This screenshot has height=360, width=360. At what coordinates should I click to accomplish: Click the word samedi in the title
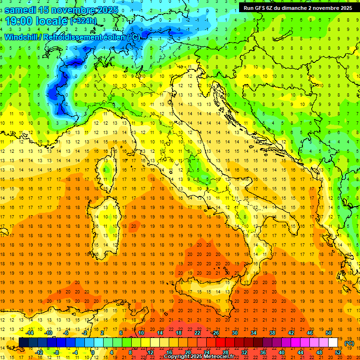tap(22, 9)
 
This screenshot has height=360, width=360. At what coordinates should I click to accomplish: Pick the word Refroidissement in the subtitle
tap(73, 37)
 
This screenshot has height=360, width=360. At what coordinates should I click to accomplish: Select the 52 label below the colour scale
tap(338, 352)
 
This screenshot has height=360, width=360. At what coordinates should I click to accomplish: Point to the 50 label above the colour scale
tap(328, 332)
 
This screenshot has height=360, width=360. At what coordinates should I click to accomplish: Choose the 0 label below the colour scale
tap(93, 352)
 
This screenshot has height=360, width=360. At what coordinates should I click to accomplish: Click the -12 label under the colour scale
tap(39, 352)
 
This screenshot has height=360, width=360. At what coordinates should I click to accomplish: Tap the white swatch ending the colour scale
tap(333, 343)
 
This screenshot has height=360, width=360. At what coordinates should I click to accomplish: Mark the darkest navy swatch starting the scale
tap(23, 343)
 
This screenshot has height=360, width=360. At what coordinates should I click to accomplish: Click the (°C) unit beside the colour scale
tap(349, 343)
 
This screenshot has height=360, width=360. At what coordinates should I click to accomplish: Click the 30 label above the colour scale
tap(234, 332)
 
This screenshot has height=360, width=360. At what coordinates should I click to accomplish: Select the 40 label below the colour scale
tap(282, 352)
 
